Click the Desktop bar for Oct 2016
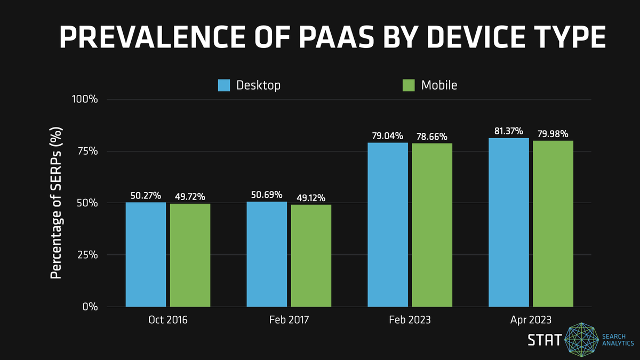coord(146,254)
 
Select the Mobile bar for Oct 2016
coord(190,255)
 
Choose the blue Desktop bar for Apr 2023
coord(509,222)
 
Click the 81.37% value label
coord(508,131)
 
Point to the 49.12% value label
coord(311,198)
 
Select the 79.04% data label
coord(388,136)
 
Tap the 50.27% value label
coord(146,196)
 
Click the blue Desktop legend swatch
coord(224,85)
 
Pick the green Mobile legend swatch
coord(409,85)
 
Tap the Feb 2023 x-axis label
coord(410,320)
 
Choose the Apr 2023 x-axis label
coord(531,320)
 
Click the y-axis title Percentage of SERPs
coord(56,203)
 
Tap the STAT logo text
coord(545,340)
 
